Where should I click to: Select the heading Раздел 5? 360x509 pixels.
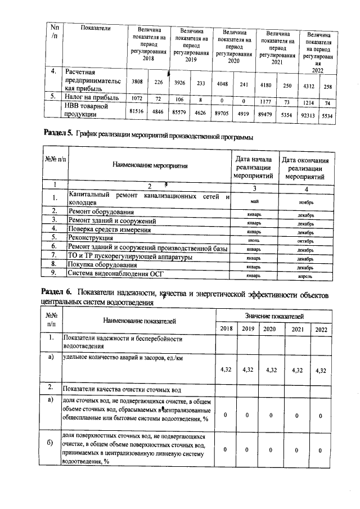pos(58,135)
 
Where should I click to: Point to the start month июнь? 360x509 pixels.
pos(254,240)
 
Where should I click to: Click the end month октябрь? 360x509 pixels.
pos(305,240)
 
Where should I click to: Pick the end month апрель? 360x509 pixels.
pos(305,276)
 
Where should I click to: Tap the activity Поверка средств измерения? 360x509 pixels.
pos(109,229)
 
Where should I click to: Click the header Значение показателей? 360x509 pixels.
pos(273,317)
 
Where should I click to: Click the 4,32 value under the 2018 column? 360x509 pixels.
pos(224,370)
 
